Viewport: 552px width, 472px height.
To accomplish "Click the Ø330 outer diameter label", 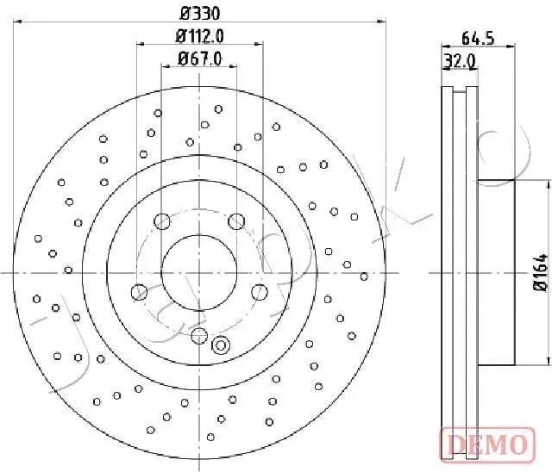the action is (199, 14).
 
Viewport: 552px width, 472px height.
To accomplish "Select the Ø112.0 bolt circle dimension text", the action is (199, 36).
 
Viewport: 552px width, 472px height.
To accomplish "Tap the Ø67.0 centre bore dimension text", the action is (199, 59).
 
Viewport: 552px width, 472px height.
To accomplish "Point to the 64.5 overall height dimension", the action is (478, 38).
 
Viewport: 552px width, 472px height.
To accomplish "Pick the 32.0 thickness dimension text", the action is (460, 61).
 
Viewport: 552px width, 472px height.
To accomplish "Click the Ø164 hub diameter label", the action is (542, 273).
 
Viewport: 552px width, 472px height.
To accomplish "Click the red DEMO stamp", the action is (487, 444).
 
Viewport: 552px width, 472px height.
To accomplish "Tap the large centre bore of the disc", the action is (199, 272).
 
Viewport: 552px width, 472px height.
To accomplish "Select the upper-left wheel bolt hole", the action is (162, 221).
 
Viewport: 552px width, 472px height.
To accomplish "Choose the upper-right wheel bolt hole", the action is (236, 221).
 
